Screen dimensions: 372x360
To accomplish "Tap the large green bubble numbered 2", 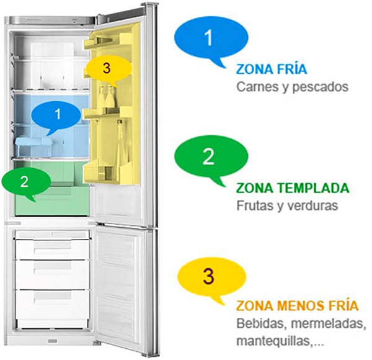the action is (x=211, y=158).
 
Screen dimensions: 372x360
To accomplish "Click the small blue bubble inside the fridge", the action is (x=56, y=115).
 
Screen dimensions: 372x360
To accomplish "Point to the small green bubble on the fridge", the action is (x=26, y=182).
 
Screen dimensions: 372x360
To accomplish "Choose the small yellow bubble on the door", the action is (x=108, y=69).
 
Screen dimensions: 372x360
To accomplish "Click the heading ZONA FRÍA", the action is (x=272, y=70).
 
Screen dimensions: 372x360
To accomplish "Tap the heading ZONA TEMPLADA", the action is (x=293, y=188).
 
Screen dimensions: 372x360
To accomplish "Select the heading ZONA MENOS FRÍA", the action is (x=297, y=305).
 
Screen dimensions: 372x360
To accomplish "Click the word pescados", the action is (x=321, y=88).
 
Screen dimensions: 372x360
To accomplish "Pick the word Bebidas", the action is (x=260, y=323).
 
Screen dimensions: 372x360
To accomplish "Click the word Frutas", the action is (x=255, y=205).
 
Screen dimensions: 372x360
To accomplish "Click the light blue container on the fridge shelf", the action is (x=34, y=146).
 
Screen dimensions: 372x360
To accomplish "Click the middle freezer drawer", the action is (x=53, y=274).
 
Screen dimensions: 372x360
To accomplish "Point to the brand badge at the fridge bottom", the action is (x=53, y=341).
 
